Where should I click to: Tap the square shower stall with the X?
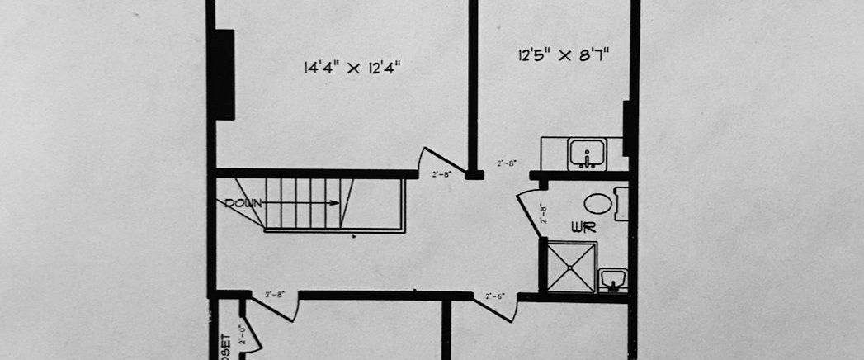(x=572, y=266)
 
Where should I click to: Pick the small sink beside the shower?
(x=611, y=278)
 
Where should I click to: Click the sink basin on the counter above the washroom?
(x=587, y=153)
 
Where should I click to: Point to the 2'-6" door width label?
(x=495, y=296)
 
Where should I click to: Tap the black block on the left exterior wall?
(x=224, y=74)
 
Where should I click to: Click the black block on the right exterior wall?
(x=627, y=128)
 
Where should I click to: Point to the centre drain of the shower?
(x=572, y=266)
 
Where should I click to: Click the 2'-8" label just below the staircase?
(x=276, y=295)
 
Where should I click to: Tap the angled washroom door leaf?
(x=528, y=216)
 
